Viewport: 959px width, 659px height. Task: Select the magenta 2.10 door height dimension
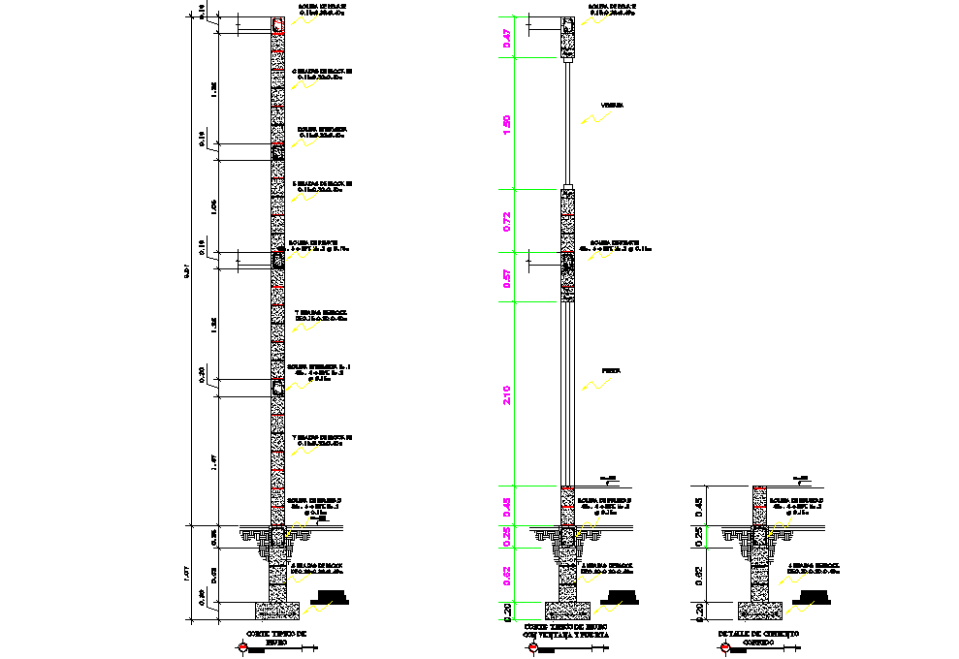coord(505,394)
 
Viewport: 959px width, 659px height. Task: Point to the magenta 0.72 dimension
coord(505,220)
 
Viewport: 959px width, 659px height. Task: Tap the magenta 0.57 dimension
coord(505,278)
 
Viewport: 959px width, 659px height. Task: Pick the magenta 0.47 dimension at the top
coord(505,39)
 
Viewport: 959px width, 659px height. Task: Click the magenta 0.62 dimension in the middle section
coord(505,576)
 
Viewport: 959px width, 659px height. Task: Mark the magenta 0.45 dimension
coord(505,506)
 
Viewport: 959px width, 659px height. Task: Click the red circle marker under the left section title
coord(240,648)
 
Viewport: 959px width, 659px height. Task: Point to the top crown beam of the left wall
coord(278,25)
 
